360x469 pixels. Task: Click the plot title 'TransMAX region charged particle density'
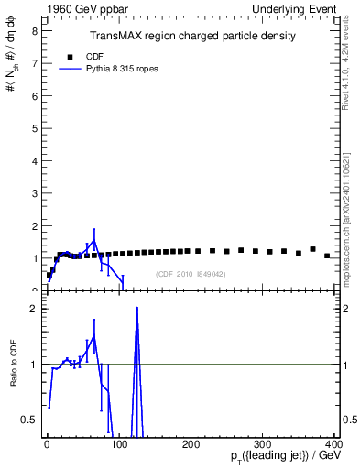tap(192, 36)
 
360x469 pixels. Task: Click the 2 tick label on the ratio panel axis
tap(34, 309)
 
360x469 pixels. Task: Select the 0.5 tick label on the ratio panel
tap(30, 420)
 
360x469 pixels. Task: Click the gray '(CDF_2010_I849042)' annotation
tap(191, 274)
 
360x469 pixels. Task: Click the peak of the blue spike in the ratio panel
tap(136, 309)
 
